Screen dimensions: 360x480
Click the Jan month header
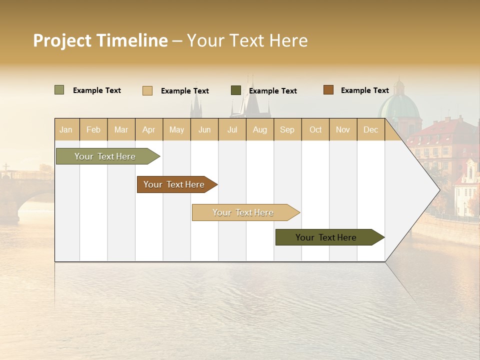(66, 129)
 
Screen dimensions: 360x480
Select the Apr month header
(149, 129)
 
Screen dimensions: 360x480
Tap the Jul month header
(232, 129)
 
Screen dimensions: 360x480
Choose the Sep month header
(287, 129)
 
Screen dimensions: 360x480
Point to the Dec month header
(370, 129)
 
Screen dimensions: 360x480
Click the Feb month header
(93, 129)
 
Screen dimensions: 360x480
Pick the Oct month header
(315, 129)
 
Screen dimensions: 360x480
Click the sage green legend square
(59, 90)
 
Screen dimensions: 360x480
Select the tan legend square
(147, 90)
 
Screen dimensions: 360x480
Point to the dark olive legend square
(236, 90)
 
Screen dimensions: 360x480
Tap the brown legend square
(328, 90)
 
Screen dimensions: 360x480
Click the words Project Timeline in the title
(100, 40)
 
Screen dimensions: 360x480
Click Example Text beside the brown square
(364, 90)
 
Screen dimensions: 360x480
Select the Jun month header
(204, 129)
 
